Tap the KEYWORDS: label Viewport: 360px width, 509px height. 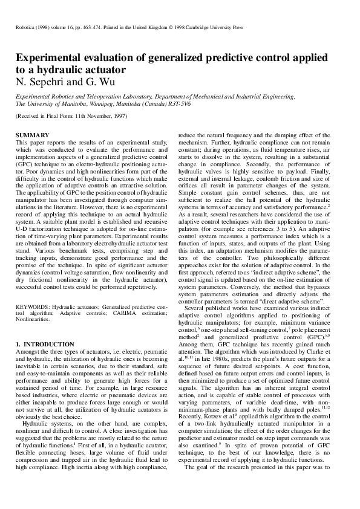pyautogui.click(x=32, y=308)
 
